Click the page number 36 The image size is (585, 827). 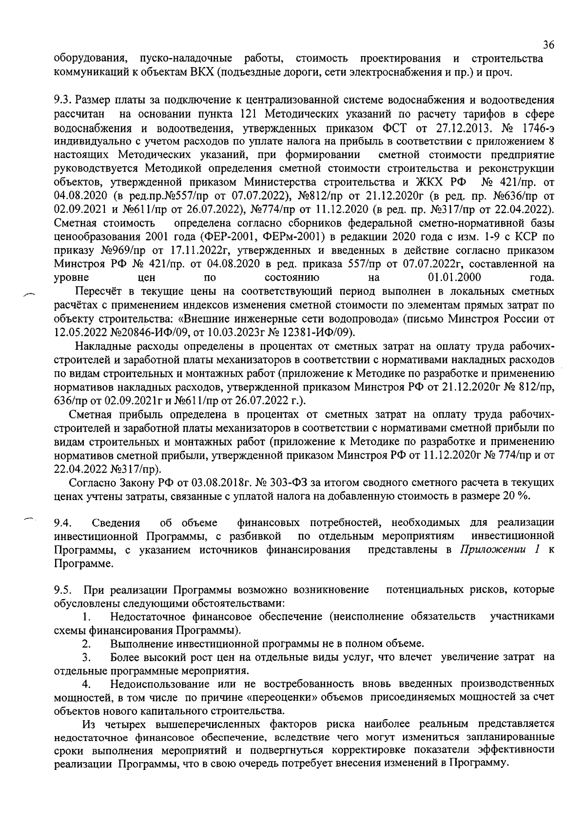coord(548,45)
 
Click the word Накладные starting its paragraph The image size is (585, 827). coord(100,347)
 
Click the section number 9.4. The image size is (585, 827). coord(62,523)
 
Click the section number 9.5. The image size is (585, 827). coord(62,590)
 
